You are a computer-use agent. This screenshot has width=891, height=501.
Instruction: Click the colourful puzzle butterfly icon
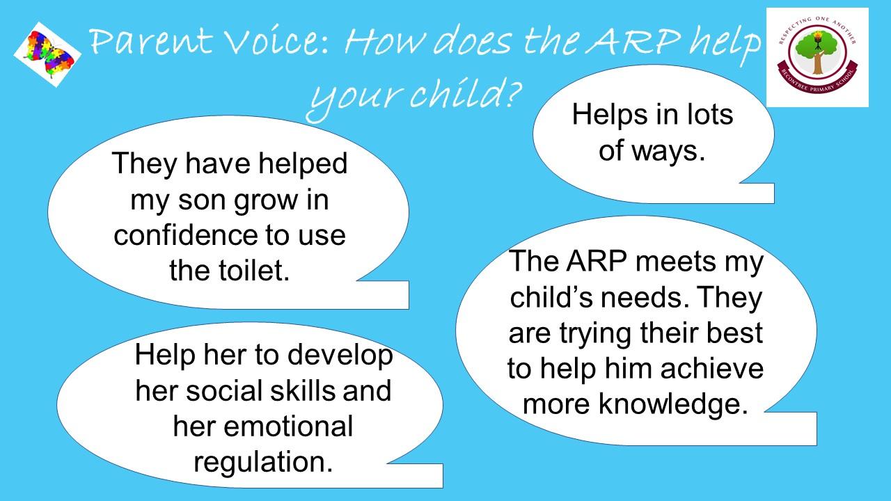point(48,55)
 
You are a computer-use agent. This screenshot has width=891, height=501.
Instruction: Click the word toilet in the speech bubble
point(254,271)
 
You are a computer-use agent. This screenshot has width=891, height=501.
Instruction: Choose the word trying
point(597,334)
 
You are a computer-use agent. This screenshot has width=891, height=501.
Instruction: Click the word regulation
point(263,462)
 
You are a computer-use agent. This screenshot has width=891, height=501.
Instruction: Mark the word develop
point(340,356)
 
